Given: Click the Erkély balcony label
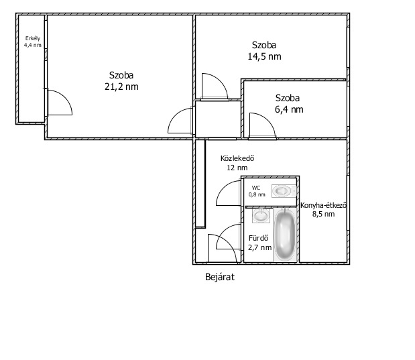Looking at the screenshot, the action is (x=33, y=38).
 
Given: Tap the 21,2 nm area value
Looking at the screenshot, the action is (x=121, y=86).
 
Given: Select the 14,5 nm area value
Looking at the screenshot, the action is (x=264, y=56).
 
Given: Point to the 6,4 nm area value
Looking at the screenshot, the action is (x=289, y=109).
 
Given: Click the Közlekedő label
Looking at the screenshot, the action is (x=237, y=158).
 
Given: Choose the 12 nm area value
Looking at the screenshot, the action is (x=237, y=168).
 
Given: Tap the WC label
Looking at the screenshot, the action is (x=256, y=188).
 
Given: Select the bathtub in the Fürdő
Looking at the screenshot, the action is (x=285, y=235).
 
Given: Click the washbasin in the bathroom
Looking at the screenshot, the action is (x=261, y=215).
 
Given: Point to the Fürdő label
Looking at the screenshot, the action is (x=258, y=238).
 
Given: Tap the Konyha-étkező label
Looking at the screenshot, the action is (x=323, y=205).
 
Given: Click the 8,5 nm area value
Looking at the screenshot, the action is (x=323, y=214).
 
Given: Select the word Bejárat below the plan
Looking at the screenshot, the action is (x=220, y=277).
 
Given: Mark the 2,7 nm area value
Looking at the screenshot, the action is (x=259, y=247).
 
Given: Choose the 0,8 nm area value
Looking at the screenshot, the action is (x=257, y=194).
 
